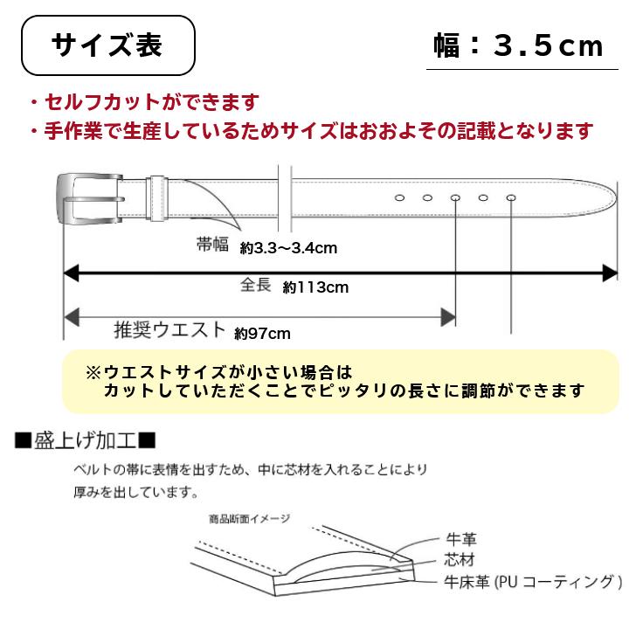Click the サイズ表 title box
click(108, 45)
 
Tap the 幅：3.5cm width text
click(519, 45)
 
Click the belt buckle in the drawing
click(90, 199)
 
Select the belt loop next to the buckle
click(157, 198)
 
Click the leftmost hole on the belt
click(399, 198)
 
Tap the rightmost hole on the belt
click(511, 198)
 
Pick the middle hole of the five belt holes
click(455, 198)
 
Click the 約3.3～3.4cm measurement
click(288, 248)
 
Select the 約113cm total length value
click(315, 287)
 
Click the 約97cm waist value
click(262, 334)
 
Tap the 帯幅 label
click(212, 245)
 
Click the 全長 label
click(255, 284)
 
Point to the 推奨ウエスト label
click(169, 329)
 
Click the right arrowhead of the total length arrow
click(610, 273)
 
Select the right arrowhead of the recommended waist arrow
click(449, 317)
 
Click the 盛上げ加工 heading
click(86, 441)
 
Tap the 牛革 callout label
click(461, 539)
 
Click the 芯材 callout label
click(460, 560)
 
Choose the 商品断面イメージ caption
click(250, 519)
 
